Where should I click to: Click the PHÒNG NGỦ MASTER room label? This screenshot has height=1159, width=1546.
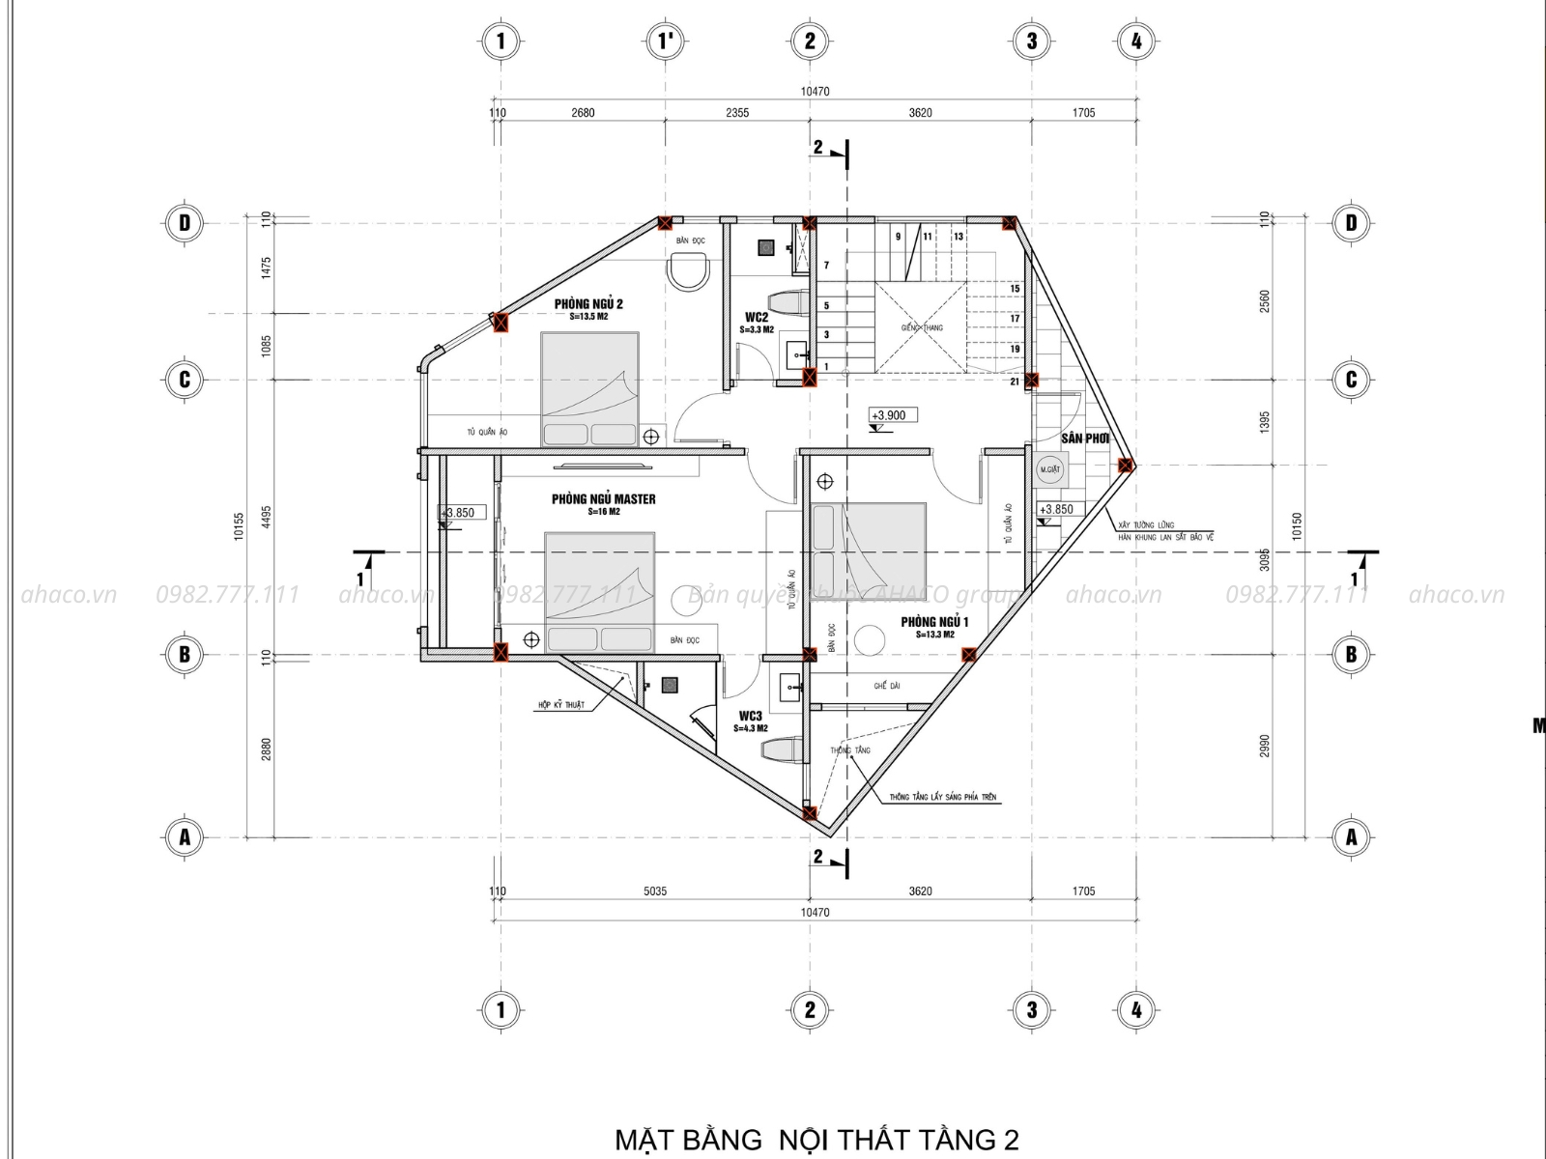click(x=603, y=499)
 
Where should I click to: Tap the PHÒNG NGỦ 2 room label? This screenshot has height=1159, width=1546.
click(x=588, y=304)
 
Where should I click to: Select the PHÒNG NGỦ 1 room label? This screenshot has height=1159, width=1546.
click(x=934, y=623)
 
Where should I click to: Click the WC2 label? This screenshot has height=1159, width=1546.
click(x=757, y=317)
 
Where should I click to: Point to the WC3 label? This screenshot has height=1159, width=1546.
click(x=751, y=717)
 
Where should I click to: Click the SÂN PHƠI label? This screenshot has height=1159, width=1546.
click(x=1084, y=438)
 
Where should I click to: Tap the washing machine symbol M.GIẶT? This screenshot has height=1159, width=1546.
click(x=1049, y=469)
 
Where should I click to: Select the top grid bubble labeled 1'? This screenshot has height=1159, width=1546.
click(x=666, y=41)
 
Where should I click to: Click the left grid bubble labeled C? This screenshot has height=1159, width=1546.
click(x=185, y=380)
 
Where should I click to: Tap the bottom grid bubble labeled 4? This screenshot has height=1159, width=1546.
click(x=1136, y=1010)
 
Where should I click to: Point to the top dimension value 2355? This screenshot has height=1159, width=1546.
click(x=736, y=113)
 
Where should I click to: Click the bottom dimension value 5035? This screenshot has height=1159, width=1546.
click(x=654, y=890)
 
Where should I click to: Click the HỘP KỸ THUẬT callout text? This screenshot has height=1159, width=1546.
click(x=561, y=705)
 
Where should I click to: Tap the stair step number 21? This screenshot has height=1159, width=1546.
click(x=1015, y=382)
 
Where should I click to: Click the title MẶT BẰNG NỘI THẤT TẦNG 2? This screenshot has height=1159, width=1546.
click(x=816, y=1139)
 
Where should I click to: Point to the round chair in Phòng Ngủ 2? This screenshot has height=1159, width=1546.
click(x=689, y=270)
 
